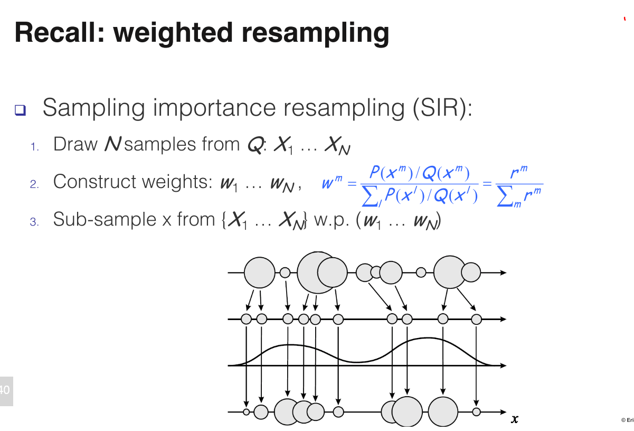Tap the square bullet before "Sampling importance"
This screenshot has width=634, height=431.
tap(20, 110)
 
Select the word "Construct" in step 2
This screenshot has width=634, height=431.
tap(93, 182)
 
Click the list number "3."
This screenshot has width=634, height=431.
tap(34, 222)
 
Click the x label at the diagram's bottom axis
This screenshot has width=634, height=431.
tap(515, 419)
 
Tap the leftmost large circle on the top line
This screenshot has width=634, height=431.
tap(259, 273)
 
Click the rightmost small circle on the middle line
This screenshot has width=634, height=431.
tap(477, 319)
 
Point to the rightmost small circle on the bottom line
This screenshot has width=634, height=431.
tap(477, 411)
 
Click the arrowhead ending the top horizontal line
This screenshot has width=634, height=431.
tap(503, 273)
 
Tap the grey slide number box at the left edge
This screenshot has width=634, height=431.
tap(6, 391)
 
